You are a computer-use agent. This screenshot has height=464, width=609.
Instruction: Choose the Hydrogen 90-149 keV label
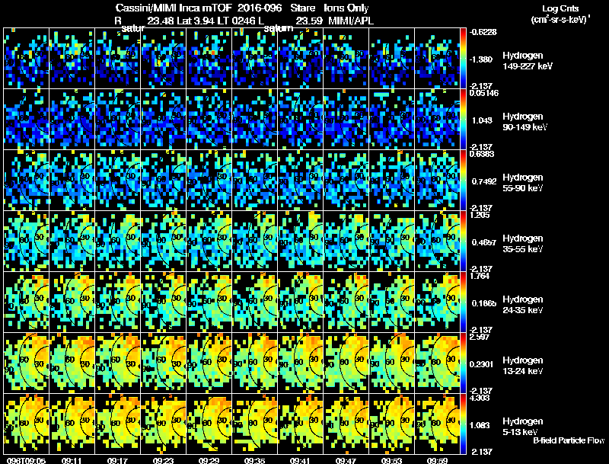tap(525, 121)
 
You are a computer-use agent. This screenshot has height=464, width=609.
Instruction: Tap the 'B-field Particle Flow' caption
tap(569, 440)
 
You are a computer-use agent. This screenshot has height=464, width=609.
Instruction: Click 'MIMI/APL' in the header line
tap(351, 21)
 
